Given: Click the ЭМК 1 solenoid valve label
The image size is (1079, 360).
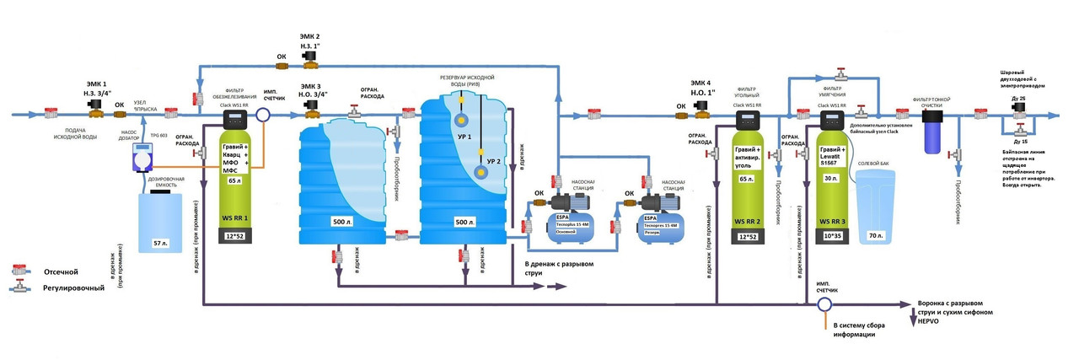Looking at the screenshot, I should point(96,84).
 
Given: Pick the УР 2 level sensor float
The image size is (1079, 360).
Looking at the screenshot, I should point(481,172).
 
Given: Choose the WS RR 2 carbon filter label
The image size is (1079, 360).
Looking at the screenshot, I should point(748,221).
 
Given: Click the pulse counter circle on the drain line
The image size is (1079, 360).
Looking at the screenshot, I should point(825,304).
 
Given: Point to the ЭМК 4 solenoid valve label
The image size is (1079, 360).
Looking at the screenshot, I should point(701,84).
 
